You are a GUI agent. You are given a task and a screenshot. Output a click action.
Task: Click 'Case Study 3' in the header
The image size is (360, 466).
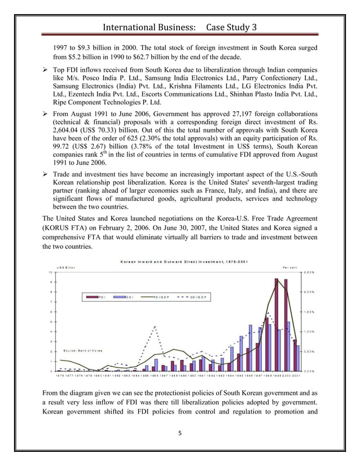coord(231,28)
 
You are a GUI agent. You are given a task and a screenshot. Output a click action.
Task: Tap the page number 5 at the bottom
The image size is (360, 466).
coord(180,433)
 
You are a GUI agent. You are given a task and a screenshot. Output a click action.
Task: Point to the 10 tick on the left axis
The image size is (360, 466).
coord(50,272)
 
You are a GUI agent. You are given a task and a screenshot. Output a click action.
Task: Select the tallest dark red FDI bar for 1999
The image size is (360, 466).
coord(276,324)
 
